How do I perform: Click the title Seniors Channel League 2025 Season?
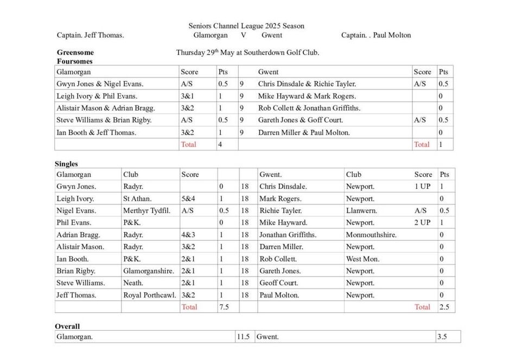(x=246, y=25)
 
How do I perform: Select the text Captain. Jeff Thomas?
(x=91, y=35)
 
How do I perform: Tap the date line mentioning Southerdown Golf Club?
(x=247, y=53)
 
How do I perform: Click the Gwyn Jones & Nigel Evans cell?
(x=100, y=84)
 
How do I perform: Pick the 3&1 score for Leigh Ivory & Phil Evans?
(x=188, y=96)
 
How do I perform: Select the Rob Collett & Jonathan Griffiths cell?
(x=309, y=108)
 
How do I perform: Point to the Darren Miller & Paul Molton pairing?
(x=304, y=132)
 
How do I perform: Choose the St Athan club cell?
(x=137, y=198)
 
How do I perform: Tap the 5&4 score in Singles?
(x=188, y=198)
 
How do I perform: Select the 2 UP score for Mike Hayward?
(x=422, y=222)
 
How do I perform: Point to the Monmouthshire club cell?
(x=371, y=235)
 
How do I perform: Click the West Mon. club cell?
(x=362, y=259)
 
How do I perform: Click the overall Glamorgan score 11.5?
(x=243, y=337)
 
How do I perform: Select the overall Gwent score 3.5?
(x=443, y=337)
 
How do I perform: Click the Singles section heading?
(x=66, y=164)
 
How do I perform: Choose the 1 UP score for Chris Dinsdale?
(x=422, y=187)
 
